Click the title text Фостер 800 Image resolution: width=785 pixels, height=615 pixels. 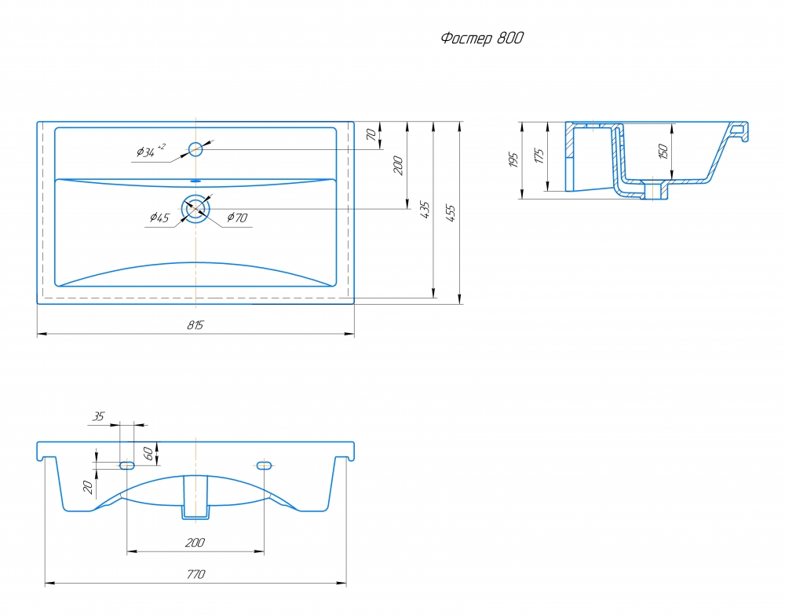pyautogui.click(x=482, y=38)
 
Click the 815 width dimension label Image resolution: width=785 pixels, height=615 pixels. pyautogui.click(x=195, y=325)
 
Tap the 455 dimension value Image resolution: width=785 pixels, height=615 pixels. pyautogui.click(x=450, y=213)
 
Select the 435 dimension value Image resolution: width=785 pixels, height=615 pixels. pyautogui.click(x=424, y=210)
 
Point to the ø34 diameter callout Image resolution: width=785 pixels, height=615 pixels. pyautogui.click(x=151, y=151)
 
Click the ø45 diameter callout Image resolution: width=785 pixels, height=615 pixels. pyautogui.click(x=159, y=218)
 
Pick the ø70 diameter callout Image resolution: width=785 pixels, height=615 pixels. pyautogui.click(x=237, y=218)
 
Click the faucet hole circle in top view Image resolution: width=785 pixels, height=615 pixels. pyautogui.click(x=195, y=148)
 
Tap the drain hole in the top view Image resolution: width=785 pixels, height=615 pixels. pyautogui.click(x=195, y=209)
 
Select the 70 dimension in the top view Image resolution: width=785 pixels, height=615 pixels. pyautogui.click(x=371, y=134)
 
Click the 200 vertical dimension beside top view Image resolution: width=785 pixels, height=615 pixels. pyautogui.click(x=398, y=165)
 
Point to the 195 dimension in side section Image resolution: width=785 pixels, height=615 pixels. pyautogui.click(x=513, y=159)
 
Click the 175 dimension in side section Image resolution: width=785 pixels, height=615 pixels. pyautogui.click(x=539, y=156)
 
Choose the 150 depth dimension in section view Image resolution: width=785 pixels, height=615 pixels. pyautogui.click(x=663, y=152)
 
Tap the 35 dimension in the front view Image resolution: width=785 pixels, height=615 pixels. pyautogui.click(x=99, y=416)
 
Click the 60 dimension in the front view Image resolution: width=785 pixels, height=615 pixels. pyautogui.click(x=148, y=454)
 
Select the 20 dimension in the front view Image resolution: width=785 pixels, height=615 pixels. pyautogui.click(x=89, y=487)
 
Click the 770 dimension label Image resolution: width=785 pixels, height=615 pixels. pyautogui.click(x=195, y=574)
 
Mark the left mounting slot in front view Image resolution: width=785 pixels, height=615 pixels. pyautogui.click(x=126, y=465)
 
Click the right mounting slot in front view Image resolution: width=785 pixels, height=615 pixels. pyautogui.click(x=264, y=465)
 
